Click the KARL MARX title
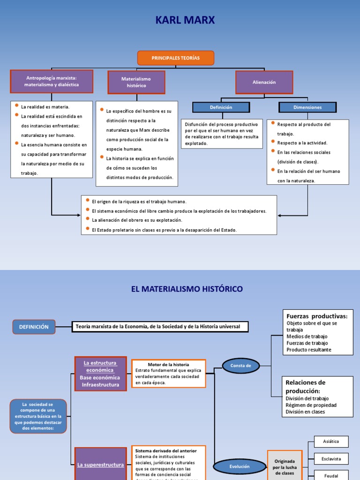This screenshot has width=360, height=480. pyautogui.click(x=180, y=21)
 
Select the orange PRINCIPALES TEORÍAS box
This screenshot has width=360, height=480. pyautogui.click(x=176, y=58)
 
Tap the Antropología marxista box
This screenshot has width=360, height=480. pyautogui.click(x=52, y=82)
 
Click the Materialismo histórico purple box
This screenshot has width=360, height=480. pyautogui.click(x=136, y=82)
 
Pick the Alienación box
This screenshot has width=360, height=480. pyautogui.click(x=264, y=82)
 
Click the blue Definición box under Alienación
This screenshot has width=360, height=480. pyautogui.click(x=221, y=107)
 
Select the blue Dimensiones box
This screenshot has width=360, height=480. pyautogui.click(x=307, y=107)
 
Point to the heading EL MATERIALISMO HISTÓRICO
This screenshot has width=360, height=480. pyautogui.click(x=187, y=289)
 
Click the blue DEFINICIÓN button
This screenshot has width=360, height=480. pyautogui.click(x=34, y=327)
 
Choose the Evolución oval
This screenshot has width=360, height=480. pyautogui.click(x=240, y=466)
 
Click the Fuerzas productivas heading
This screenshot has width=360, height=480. pyautogui.click(x=317, y=316)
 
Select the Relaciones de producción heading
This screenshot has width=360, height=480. pyautogui.click(x=305, y=387)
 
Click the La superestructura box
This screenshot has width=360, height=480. pyautogui.click(x=100, y=465)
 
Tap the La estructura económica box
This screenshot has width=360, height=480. pyautogui.click(x=100, y=374)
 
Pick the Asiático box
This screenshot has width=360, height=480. pyautogui.click(x=331, y=442)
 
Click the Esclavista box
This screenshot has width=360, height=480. pyautogui.click(x=331, y=458)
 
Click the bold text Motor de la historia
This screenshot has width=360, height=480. pyautogui.click(x=168, y=364)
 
